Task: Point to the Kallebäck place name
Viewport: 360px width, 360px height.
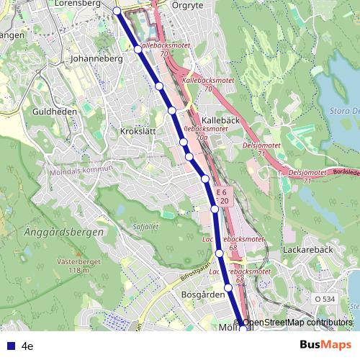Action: (220, 120)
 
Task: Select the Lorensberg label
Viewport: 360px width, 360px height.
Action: (76, 4)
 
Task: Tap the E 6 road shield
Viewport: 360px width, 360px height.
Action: (223, 193)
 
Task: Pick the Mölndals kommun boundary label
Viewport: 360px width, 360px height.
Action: (81, 171)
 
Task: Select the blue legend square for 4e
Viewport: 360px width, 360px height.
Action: (10, 345)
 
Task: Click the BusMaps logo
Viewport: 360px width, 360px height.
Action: (325, 345)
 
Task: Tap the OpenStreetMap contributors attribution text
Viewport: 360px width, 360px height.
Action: (297, 323)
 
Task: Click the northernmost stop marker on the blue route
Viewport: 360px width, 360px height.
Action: (117, 10)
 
